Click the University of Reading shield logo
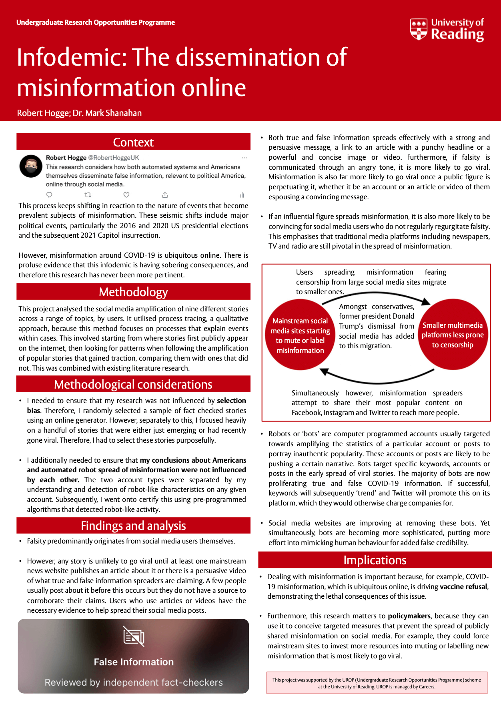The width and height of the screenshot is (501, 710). pyautogui.click(x=419, y=29)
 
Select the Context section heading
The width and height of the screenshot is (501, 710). pyautogui.click(x=133, y=142)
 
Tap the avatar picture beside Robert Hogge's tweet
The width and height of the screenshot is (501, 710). pyautogui.click(x=31, y=166)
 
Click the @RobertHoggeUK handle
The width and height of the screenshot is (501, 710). pyautogui.click(x=113, y=158)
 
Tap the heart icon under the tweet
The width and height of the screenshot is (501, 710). pyautogui.click(x=126, y=195)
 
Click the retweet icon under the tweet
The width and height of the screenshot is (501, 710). pyautogui.click(x=88, y=195)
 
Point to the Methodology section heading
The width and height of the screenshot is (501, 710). pyautogui.click(x=133, y=292)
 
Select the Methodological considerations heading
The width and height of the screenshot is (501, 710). pyautogui.click(x=133, y=384)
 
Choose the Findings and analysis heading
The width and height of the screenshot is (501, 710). pyautogui.click(x=133, y=525)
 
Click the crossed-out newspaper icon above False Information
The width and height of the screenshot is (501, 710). pyautogui.click(x=134, y=636)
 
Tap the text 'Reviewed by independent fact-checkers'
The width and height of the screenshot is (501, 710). pyautogui.click(x=134, y=682)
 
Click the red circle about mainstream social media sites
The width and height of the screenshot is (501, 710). pyautogui.click(x=300, y=335)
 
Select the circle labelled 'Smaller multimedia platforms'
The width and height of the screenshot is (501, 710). pyautogui.click(x=453, y=335)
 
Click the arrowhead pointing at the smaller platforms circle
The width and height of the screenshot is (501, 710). pyautogui.click(x=426, y=301)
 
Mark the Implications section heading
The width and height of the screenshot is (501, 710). pyautogui.click(x=375, y=560)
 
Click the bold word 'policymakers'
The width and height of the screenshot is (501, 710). pyautogui.click(x=409, y=616)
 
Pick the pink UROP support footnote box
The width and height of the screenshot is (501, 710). pyautogui.click(x=377, y=683)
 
